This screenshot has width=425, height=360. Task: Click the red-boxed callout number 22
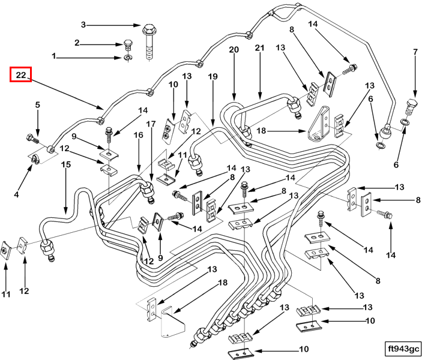(20, 76)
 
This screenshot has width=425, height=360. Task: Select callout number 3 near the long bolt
(84, 25)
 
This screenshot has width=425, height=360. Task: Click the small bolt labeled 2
(127, 44)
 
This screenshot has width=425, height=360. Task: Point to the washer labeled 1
(128, 58)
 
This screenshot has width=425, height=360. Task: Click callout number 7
(414, 52)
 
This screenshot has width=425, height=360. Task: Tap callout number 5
(37, 105)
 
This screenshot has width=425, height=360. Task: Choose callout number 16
(138, 136)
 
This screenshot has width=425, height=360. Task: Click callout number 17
(151, 125)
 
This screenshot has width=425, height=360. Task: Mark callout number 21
(259, 48)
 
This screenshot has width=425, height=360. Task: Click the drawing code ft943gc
(404, 348)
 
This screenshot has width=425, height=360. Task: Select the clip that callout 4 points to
(36, 158)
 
